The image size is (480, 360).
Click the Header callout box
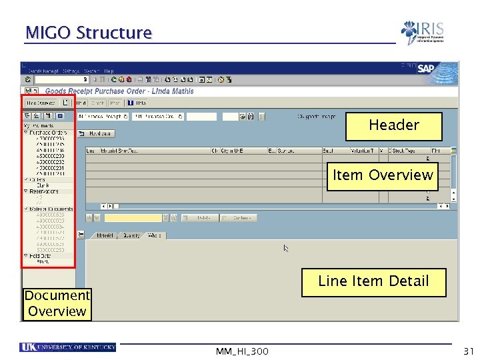point(393,126)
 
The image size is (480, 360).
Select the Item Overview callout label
point(383,175)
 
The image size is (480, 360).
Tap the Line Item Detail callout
point(373,281)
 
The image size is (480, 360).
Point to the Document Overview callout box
point(57,303)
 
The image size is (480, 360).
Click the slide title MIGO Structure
point(89,33)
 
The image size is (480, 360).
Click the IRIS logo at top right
point(422,32)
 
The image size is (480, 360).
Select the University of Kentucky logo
point(67,347)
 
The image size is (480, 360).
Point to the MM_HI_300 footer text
point(242,351)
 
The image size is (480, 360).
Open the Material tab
point(105,235)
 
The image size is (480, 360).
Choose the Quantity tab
point(131,235)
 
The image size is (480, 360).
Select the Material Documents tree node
point(51,209)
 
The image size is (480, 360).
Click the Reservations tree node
point(43,191)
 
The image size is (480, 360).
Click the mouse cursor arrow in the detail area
point(286,248)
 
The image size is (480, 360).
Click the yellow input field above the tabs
point(133,218)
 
